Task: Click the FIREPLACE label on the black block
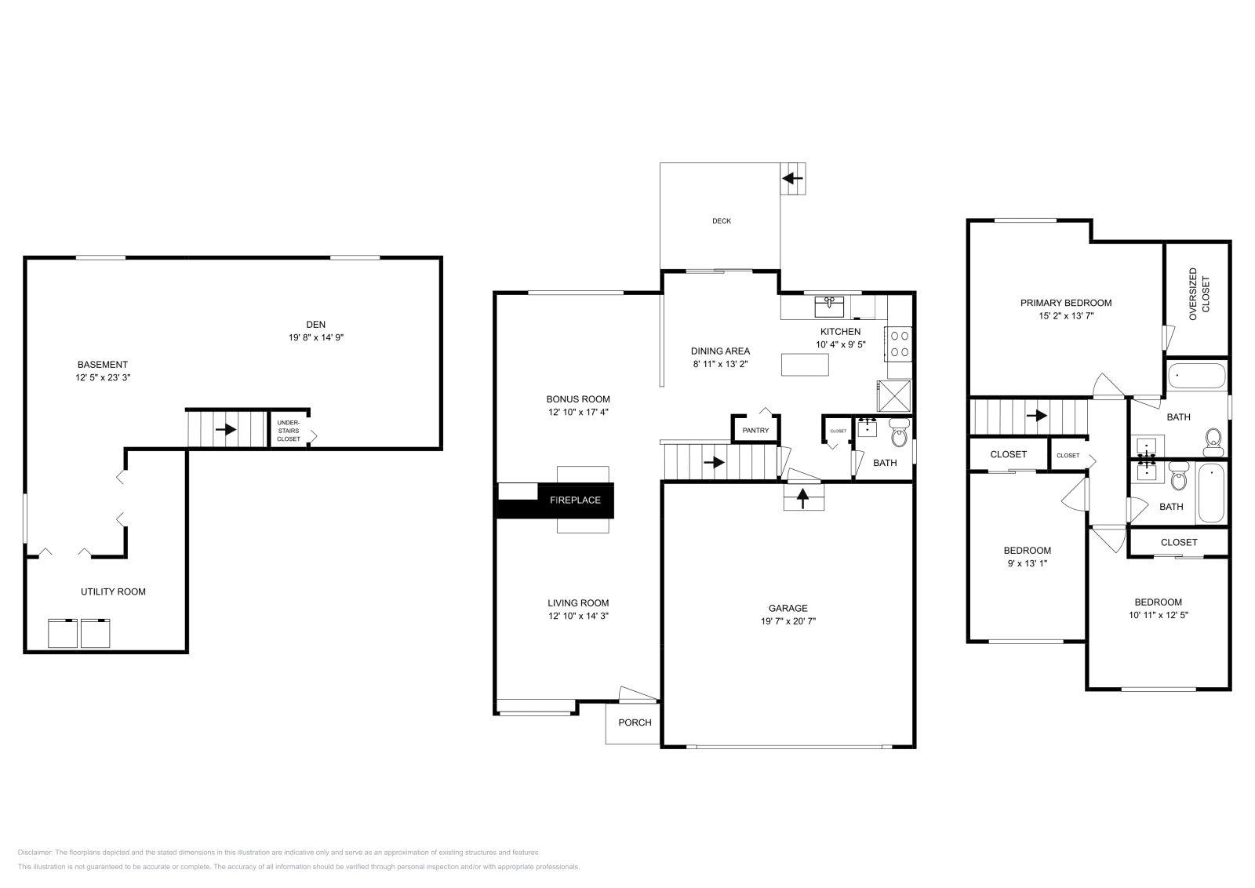tap(575, 500)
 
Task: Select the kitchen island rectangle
tap(805, 365)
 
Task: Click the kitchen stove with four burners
tap(899, 344)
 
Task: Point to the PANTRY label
tap(755, 431)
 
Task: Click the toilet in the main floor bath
tap(899, 435)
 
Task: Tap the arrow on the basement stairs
tap(226, 429)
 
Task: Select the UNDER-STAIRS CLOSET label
tap(288, 431)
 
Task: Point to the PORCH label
tap(635, 722)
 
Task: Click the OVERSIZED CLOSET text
tap(1199, 295)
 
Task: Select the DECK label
tap(721, 221)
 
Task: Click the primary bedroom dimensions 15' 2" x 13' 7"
tap(1065, 316)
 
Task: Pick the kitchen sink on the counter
tap(828, 304)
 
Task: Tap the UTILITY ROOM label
tap(113, 591)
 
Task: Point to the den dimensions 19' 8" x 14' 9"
tap(315, 337)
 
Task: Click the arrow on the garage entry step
tap(803, 496)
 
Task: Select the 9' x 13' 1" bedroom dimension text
tap(1027, 563)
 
